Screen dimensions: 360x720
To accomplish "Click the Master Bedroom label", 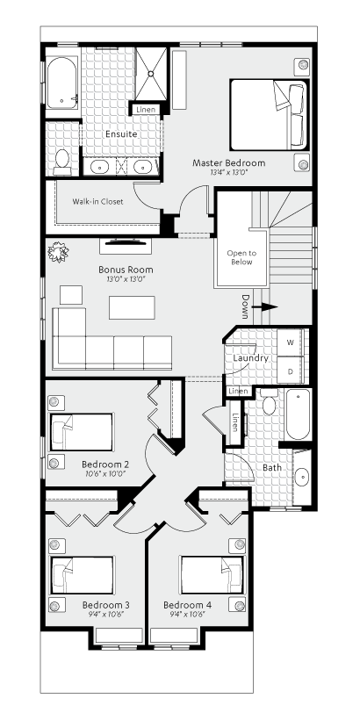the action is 228,163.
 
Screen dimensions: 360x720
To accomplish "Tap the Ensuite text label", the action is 121,134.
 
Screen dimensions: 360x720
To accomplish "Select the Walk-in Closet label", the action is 97,201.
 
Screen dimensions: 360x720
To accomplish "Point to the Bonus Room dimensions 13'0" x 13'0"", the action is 126,278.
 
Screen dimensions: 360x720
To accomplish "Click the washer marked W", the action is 291,342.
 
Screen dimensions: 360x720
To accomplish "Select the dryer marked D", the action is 291,370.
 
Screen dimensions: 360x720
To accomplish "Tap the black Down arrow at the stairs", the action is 266,306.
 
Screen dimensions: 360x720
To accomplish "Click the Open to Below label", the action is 241,257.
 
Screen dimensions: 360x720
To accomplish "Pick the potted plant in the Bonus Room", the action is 58,252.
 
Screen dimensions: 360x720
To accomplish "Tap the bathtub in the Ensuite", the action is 61,83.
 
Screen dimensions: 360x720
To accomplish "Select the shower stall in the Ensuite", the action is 151,73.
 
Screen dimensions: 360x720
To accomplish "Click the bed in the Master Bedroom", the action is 269,115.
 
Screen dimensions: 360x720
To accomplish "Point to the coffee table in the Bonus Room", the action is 132,307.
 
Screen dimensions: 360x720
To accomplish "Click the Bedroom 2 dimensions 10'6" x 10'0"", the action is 104,473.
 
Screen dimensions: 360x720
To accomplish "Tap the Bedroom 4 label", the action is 187,605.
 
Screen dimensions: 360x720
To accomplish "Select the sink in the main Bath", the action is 302,477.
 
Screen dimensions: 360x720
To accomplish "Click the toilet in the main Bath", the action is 269,403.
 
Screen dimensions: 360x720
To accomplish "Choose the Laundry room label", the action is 250,358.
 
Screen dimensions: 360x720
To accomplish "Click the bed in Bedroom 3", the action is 83,575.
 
